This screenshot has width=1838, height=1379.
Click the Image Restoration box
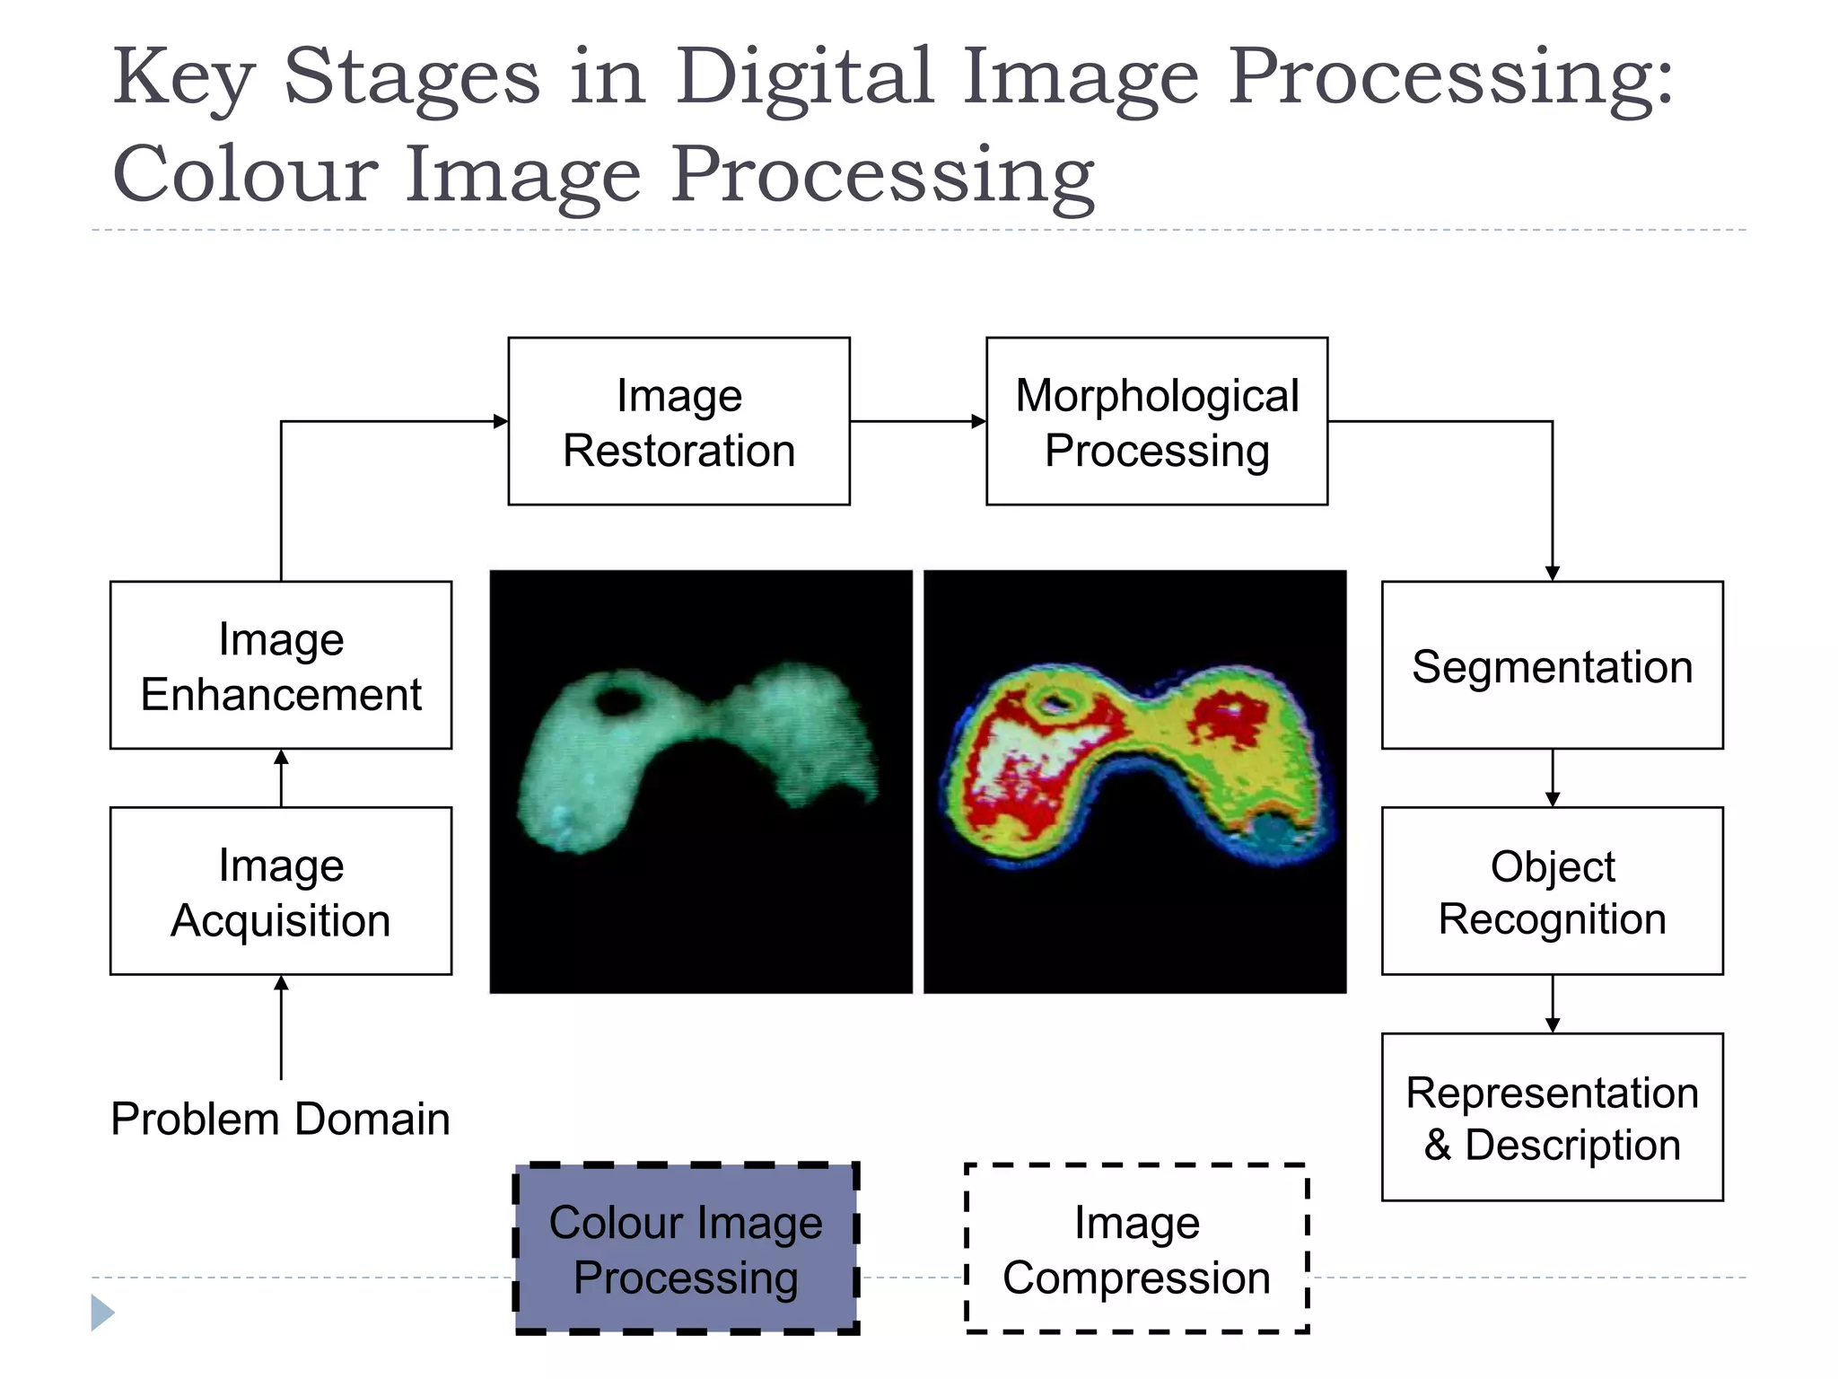click(x=678, y=421)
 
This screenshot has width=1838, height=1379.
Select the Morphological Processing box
click(x=1156, y=421)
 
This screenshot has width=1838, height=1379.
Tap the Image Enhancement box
click(x=281, y=665)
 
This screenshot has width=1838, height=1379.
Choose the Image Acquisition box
click(x=281, y=891)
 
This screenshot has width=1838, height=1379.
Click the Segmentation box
click(x=1552, y=665)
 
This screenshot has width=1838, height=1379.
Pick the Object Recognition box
click(x=1552, y=891)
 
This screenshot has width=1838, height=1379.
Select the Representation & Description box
click(x=1552, y=1117)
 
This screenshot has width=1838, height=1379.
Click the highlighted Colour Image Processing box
click(x=687, y=1249)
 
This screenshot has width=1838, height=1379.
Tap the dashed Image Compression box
click(x=1136, y=1249)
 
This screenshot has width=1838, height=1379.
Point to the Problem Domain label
click(x=280, y=1119)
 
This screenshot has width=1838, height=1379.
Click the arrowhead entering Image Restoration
click(x=500, y=421)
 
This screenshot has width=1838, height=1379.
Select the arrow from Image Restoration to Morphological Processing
click(x=917, y=421)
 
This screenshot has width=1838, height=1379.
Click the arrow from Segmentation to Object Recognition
click(x=1553, y=778)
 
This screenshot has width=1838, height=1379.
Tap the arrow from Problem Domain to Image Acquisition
click(x=281, y=1027)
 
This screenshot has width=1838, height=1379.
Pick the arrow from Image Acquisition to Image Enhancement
click(x=281, y=777)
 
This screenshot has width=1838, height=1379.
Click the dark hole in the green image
click(x=617, y=699)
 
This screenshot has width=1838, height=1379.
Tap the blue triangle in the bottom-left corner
click(x=101, y=1313)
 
